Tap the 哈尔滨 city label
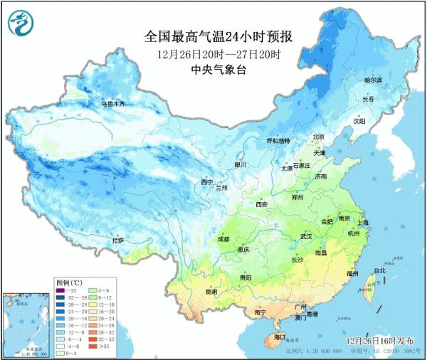(x=374, y=80)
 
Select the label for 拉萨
(x=118, y=240)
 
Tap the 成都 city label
(x=223, y=239)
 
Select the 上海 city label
(x=363, y=223)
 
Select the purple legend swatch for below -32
(x=62, y=290)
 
